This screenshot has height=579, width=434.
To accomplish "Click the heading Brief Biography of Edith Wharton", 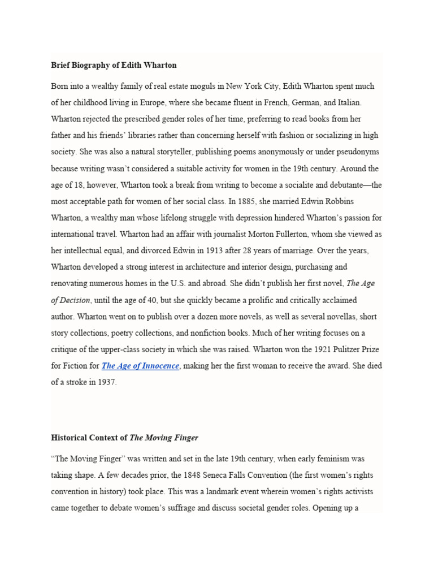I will click(x=114, y=65).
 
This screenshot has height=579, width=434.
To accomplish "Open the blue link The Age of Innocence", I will click(x=140, y=366).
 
